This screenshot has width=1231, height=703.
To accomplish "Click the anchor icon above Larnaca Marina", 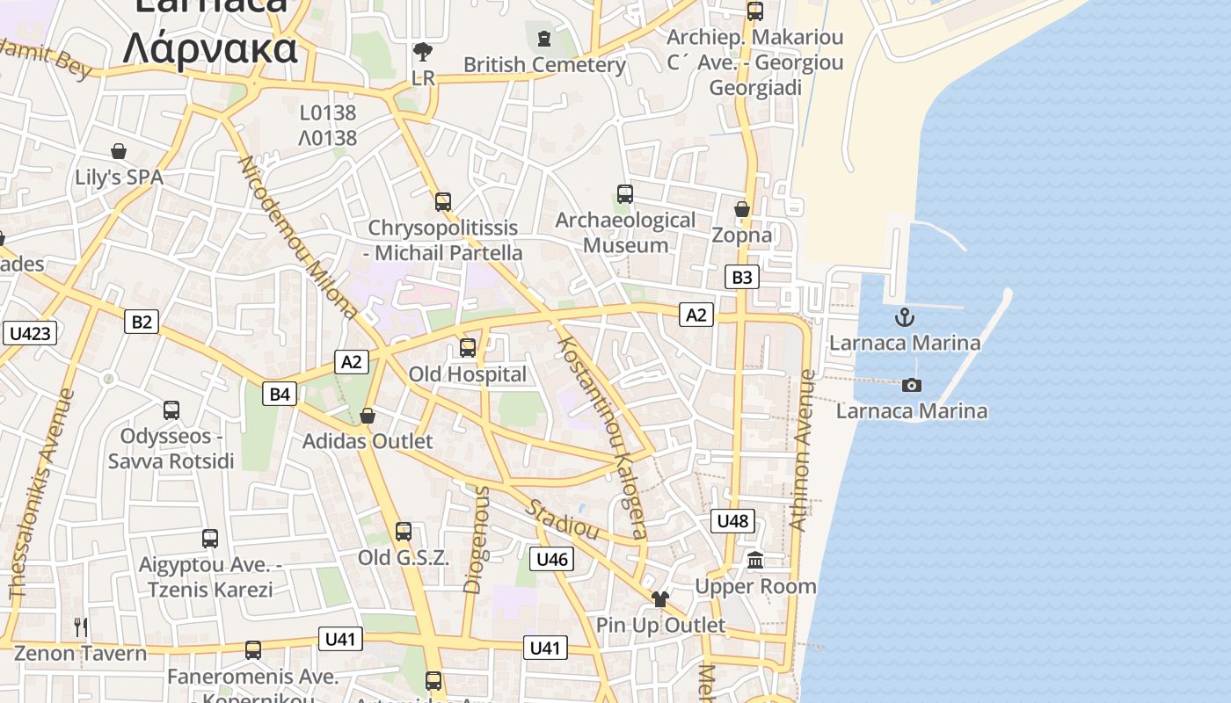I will [905, 317].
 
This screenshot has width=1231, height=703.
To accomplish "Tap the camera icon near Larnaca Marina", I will [912, 385].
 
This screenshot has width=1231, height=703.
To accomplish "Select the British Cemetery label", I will [544, 65].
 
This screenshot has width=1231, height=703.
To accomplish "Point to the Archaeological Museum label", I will [625, 232].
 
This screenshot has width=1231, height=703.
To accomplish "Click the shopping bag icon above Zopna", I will [742, 209].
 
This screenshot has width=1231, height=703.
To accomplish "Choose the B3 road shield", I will [742, 278].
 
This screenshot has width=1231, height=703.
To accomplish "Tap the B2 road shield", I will [142, 322].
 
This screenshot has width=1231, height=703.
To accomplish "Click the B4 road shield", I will [279, 395].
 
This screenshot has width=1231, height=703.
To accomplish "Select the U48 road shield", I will [732, 521].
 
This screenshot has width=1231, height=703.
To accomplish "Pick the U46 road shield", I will [552, 559].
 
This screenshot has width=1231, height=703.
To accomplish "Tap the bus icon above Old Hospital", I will [468, 348].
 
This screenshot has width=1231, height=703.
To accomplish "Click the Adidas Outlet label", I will [368, 441].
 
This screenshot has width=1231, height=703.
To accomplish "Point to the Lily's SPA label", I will [119, 178].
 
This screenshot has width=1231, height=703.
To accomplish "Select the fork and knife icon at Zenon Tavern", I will [80, 627].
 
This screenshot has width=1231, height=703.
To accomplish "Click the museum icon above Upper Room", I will [755, 560].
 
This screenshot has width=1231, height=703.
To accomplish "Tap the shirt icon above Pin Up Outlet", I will [660, 599].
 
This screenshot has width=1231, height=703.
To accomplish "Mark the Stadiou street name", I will [563, 519].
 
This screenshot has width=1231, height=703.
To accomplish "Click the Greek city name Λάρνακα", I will [210, 49].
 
